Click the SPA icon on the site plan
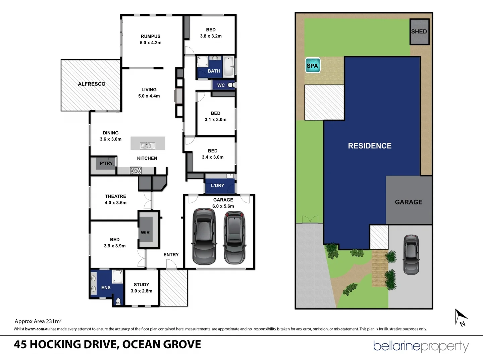[312, 66]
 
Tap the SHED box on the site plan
[419, 32]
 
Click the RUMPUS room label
[151, 36]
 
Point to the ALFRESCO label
[92, 84]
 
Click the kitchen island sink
[146, 146]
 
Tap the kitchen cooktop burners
[136, 171]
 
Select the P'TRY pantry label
[106, 164]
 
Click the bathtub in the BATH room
[228, 66]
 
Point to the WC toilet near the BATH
[231, 85]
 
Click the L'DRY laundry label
[217, 185]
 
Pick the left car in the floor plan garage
[203, 237]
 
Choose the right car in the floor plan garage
[234, 237]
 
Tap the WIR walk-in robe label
[145, 233]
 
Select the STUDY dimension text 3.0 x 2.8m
[142, 291]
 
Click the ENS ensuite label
[106, 288]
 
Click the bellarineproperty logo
[421, 346]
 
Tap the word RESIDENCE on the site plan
[370, 146]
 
